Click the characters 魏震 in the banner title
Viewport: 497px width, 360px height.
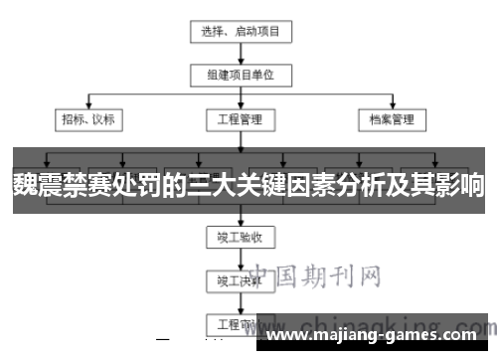point(36,185)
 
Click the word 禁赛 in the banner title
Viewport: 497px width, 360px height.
point(83,185)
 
